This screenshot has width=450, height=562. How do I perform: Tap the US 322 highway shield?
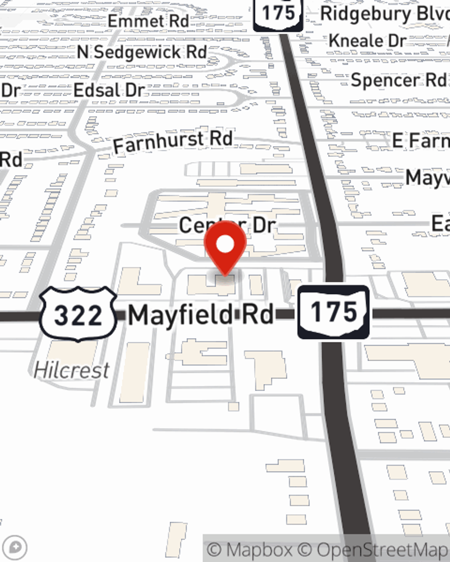click(78, 314)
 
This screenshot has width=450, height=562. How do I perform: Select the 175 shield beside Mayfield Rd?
click(333, 312)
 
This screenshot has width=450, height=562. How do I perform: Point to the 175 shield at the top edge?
click(278, 13)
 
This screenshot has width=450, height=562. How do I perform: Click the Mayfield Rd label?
click(201, 315)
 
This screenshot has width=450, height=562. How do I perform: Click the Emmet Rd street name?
click(148, 21)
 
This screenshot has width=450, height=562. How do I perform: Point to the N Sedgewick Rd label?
click(142, 52)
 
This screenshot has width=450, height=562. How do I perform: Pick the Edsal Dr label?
click(109, 90)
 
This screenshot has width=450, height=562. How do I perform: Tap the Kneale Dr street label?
click(367, 41)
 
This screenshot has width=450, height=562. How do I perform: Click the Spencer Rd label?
click(398, 80)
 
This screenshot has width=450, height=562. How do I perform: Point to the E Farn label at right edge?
click(420, 141)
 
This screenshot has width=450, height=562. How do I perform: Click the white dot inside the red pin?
click(225, 245)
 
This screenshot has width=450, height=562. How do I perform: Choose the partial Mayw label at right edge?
click(427, 178)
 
